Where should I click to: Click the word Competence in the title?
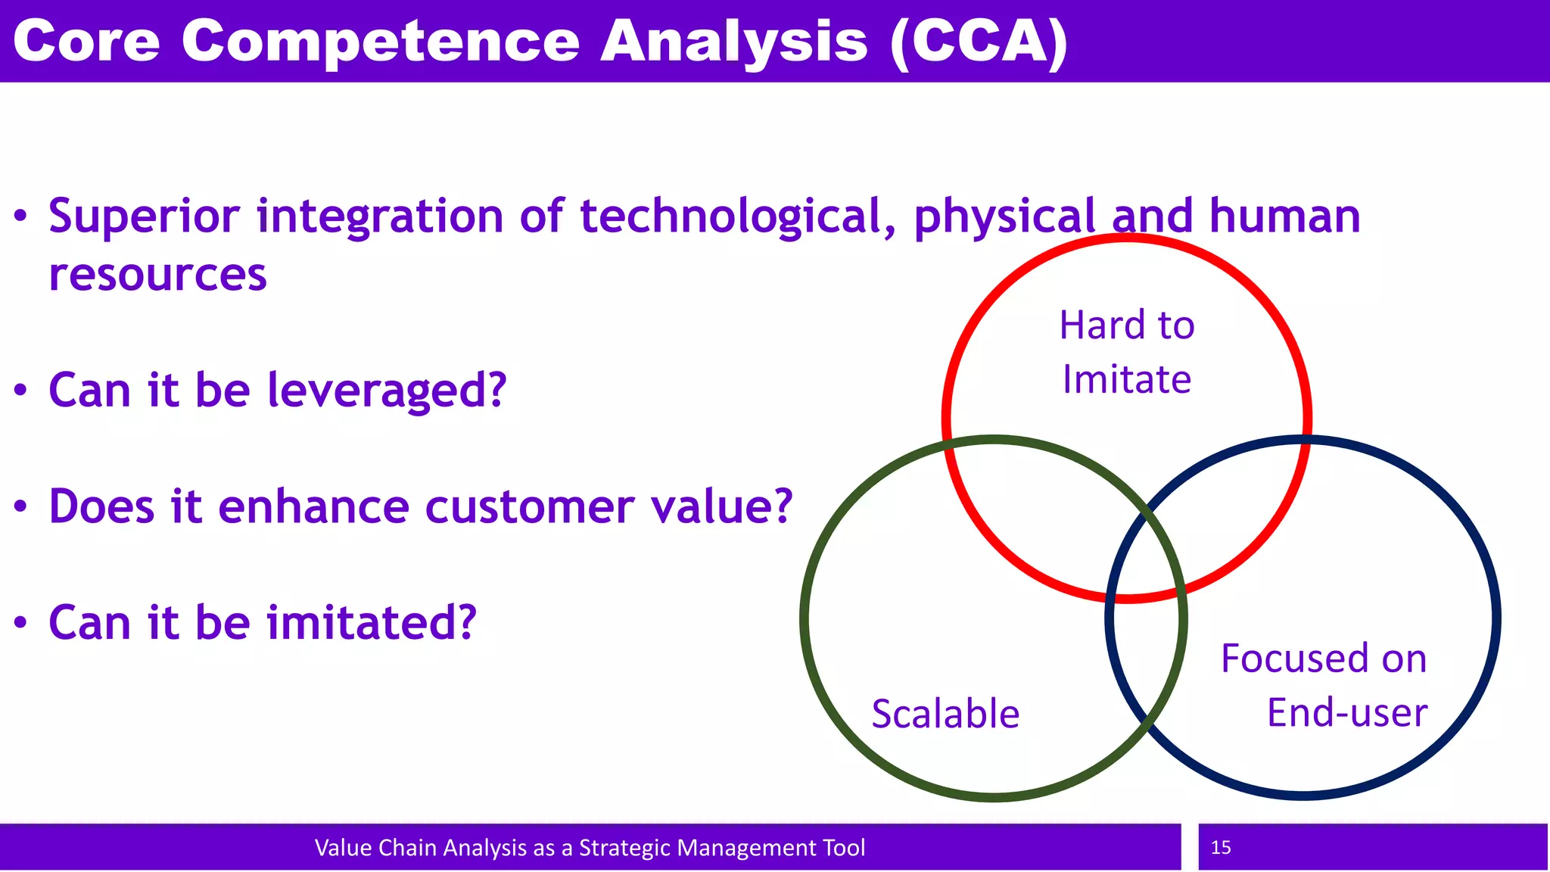pos(381,42)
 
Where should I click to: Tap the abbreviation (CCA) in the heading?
pos(979,42)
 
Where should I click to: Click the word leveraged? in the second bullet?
pos(387,391)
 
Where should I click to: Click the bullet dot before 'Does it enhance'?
pos(20,507)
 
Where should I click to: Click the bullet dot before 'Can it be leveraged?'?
pos(20,391)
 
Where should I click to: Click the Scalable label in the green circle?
pos(945,714)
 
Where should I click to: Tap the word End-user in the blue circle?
pos(1347,713)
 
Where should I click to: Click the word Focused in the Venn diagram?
pos(1295,659)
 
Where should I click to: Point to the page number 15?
pos(1221,847)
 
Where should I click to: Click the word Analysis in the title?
pos(733,42)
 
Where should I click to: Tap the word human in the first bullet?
pos(1284,217)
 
